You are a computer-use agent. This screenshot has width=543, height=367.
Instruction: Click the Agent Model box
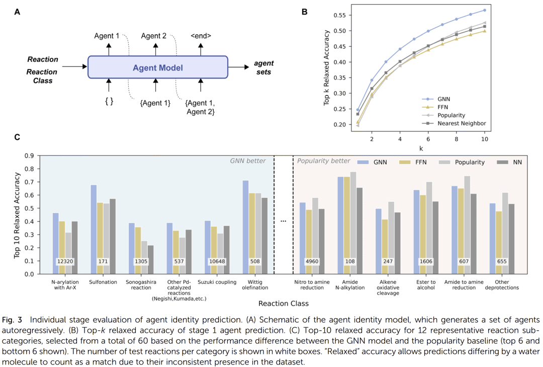[x=158, y=67]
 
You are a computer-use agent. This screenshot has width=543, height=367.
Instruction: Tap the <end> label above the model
[x=201, y=36]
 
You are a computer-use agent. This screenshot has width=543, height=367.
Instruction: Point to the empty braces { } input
[x=108, y=101]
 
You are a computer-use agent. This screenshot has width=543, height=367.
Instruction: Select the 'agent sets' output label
[x=263, y=67]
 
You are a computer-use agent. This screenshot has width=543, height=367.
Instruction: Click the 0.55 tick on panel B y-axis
[x=341, y=16]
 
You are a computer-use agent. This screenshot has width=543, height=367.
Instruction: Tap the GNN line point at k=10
[x=485, y=10]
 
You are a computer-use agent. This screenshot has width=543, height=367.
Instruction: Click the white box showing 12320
[x=65, y=261]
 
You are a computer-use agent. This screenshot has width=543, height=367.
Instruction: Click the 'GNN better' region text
[x=248, y=161]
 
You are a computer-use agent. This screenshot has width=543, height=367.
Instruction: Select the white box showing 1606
[x=426, y=261]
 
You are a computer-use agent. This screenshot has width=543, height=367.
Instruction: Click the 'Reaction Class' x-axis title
[x=283, y=304]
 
